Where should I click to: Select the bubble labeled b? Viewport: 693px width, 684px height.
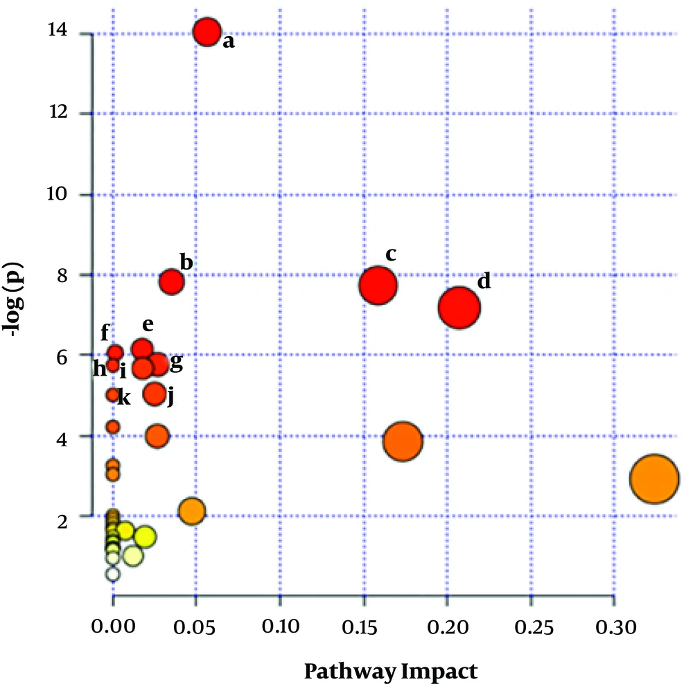click(171, 282)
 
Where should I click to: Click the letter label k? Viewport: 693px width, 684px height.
click(124, 398)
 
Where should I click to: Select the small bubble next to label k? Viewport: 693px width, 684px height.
click(113, 395)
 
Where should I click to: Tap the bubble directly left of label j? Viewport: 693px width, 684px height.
click(155, 394)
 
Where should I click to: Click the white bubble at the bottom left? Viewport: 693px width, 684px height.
click(113, 574)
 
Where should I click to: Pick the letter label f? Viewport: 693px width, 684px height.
click(105, 333)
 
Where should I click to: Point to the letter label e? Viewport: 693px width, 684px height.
click(147, 324)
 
